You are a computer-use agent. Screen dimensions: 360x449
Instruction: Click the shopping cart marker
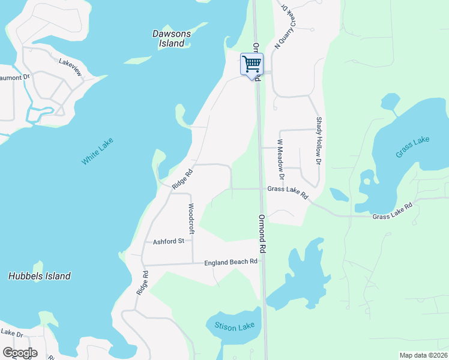(252, 64)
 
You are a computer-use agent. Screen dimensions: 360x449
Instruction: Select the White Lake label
(97, 151)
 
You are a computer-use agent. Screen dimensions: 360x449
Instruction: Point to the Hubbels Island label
(40, 276)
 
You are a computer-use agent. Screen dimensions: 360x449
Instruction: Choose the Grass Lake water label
(412, 147)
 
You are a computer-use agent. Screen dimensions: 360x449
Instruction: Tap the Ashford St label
(168, 241)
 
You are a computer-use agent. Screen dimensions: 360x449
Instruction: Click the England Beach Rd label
(231, 262)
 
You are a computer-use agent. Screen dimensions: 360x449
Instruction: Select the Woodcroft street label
(191, 218)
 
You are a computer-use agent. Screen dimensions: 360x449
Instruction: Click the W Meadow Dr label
(280, 159)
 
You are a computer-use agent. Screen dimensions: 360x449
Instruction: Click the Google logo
(20, 353)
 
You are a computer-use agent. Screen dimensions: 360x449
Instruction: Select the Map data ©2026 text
(423, 355)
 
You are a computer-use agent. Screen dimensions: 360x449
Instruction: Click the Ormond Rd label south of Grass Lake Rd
(262, 233)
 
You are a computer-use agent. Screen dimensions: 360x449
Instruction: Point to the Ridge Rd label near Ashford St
(142, 282)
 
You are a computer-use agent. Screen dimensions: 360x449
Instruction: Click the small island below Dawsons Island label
(138, 60)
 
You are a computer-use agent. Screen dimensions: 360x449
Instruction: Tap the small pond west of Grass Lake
(339, 194)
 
